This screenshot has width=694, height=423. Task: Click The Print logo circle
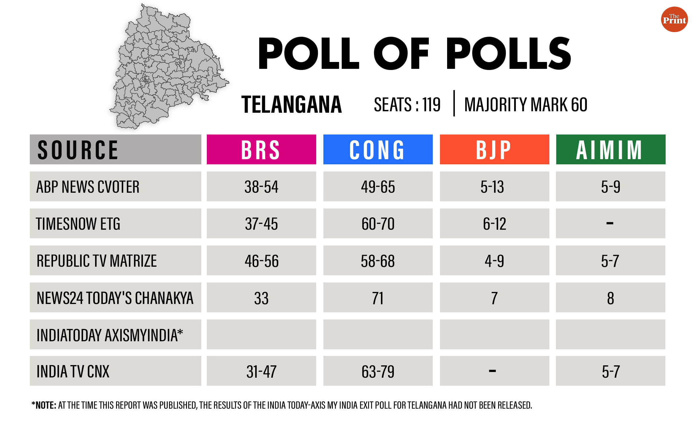(x=674, y=19)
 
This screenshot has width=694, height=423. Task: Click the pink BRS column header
(x=261, y=149)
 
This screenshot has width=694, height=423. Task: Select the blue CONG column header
(x=378, y=149)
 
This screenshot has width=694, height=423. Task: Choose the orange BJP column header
(x=494, y=149)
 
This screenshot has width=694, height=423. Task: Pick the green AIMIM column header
(x=611, y=149)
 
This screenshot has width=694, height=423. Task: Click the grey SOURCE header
(x=115, y=149)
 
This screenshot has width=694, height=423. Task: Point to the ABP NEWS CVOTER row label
(x=88, y=187)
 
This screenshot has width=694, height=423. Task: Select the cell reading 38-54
(x=261, y=187)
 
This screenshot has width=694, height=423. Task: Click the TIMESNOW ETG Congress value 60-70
(x=378, y=224)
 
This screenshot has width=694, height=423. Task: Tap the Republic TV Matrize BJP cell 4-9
(x=494, y=261)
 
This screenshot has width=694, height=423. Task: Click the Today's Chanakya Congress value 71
(x=378, y=298)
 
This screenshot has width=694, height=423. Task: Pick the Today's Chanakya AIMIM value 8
(x=610, y=298)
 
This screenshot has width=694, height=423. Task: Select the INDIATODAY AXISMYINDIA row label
(x=110, y=335)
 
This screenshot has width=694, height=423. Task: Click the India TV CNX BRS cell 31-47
(x=261, y=371)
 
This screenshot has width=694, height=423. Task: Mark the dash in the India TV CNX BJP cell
(x=492, y=371)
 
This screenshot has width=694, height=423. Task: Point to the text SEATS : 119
(x=407, y=104)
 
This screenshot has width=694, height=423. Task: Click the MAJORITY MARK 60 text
(x=526, y=104)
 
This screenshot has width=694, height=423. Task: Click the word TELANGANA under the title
(x=292, y=104)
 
